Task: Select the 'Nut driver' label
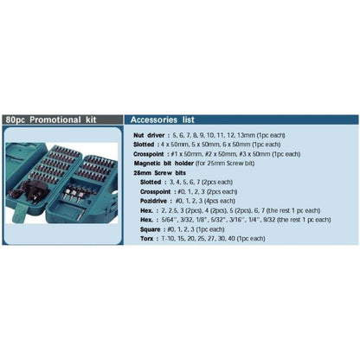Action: coord(151,136)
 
